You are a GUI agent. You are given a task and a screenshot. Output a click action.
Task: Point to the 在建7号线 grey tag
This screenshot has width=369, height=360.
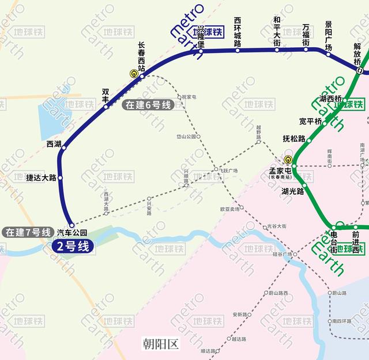tap(26, 232)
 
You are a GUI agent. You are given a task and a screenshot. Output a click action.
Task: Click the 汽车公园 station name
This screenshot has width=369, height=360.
tap(72, 233)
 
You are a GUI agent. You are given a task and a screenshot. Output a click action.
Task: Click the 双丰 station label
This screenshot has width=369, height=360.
tap(106, 96)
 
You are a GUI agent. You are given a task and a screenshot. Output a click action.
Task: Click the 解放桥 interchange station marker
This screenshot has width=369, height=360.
tap(360, 71)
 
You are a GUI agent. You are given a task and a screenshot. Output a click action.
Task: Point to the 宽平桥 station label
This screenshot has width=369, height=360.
tap(310, 121)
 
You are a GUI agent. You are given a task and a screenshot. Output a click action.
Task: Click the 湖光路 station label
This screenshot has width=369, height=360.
tap(292, 191)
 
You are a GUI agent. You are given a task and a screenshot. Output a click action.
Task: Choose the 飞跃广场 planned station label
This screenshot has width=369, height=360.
tap(227, 170)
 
